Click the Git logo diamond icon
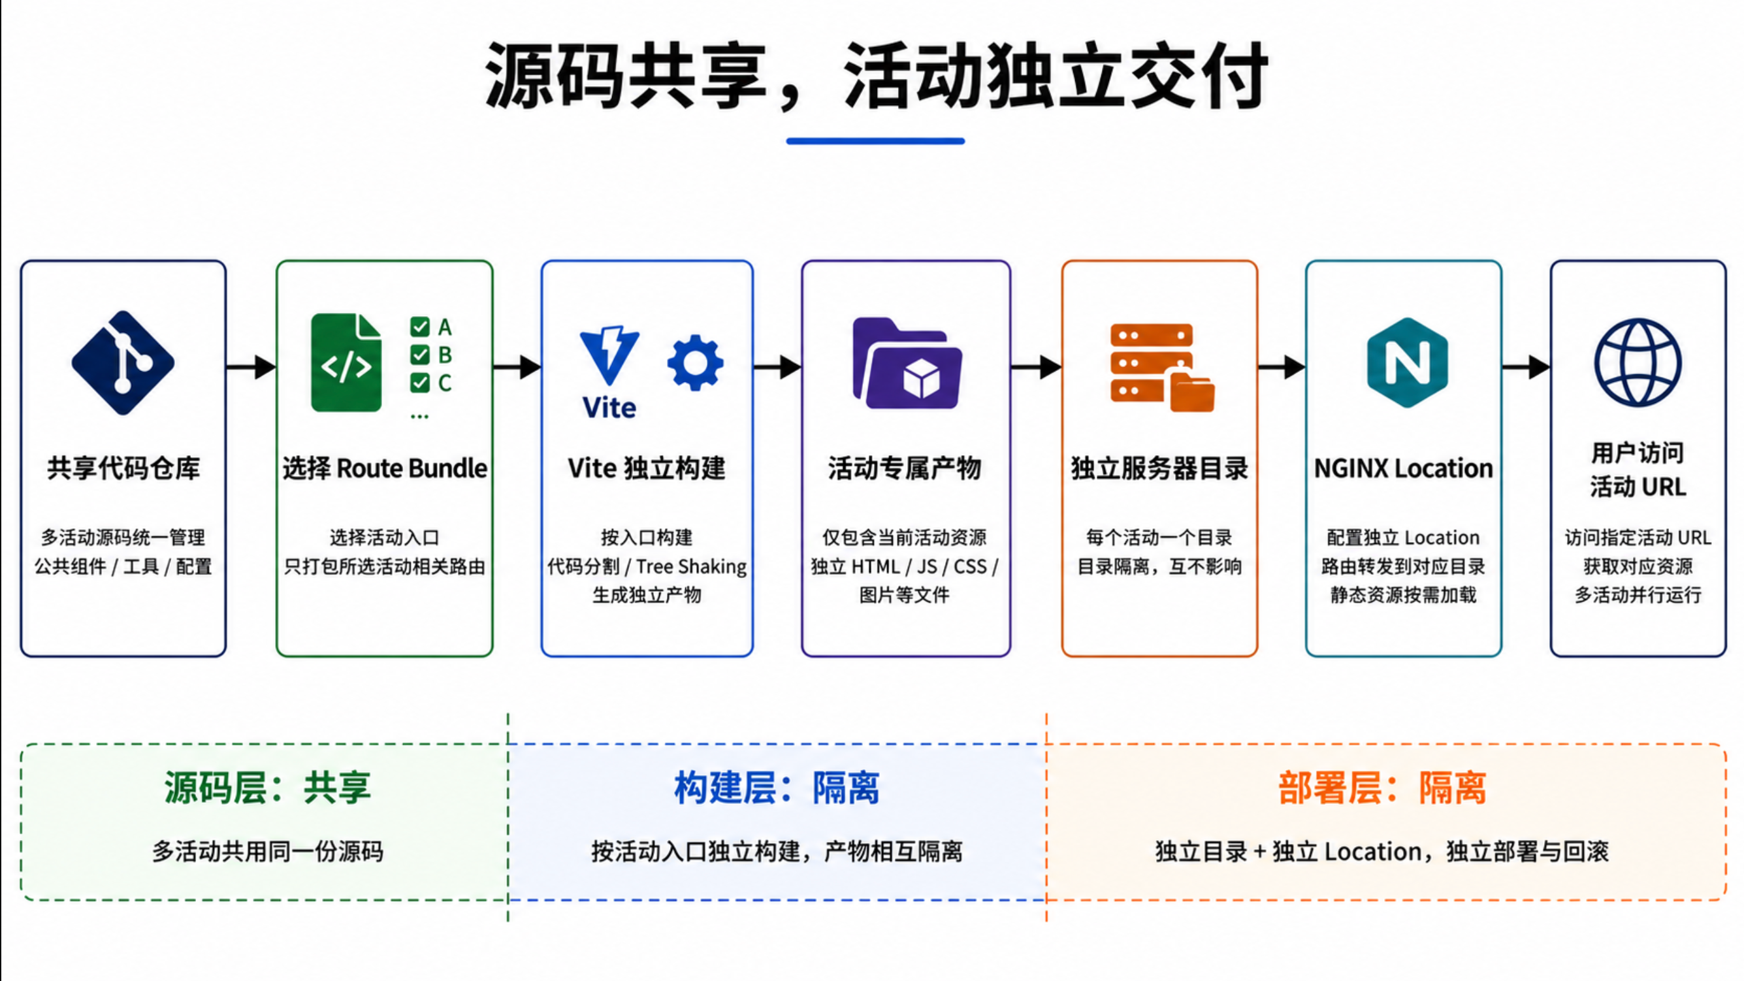point(123,363)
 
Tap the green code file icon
point(346,363)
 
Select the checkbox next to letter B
point(420,355)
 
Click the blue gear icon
point(695,363)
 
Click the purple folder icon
point(907,364)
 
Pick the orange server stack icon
point(1162,368)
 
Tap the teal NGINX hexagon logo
point(1408,363)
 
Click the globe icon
point(1638,363)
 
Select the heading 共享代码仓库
point(123,468)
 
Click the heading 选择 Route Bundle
point(385,468)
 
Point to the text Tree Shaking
point(691,567)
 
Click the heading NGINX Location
point(1404,468)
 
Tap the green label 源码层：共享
point(267,788)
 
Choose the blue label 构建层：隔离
point(777,788)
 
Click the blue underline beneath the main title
point(875,141)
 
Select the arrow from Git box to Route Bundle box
point(251,367)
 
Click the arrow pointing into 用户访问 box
point(1526,367)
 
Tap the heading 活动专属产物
point(905,468)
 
